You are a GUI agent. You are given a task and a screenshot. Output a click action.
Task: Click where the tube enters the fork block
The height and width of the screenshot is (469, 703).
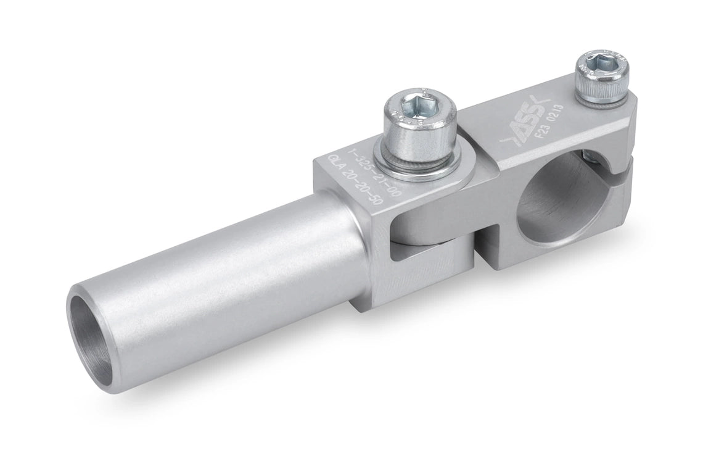[x=358, y=247]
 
